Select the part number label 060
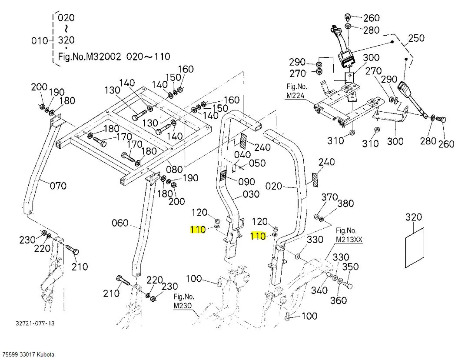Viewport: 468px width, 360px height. [120, 223]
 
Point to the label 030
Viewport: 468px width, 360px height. [251, 194]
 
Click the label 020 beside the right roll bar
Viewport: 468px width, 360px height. [274, 187]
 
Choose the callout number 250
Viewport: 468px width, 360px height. [416, 38]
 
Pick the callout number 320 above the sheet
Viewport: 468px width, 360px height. [414, 217]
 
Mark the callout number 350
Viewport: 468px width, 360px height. [350, 267]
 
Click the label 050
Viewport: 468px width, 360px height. [257, 163]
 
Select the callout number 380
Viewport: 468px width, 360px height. [345, 203]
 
